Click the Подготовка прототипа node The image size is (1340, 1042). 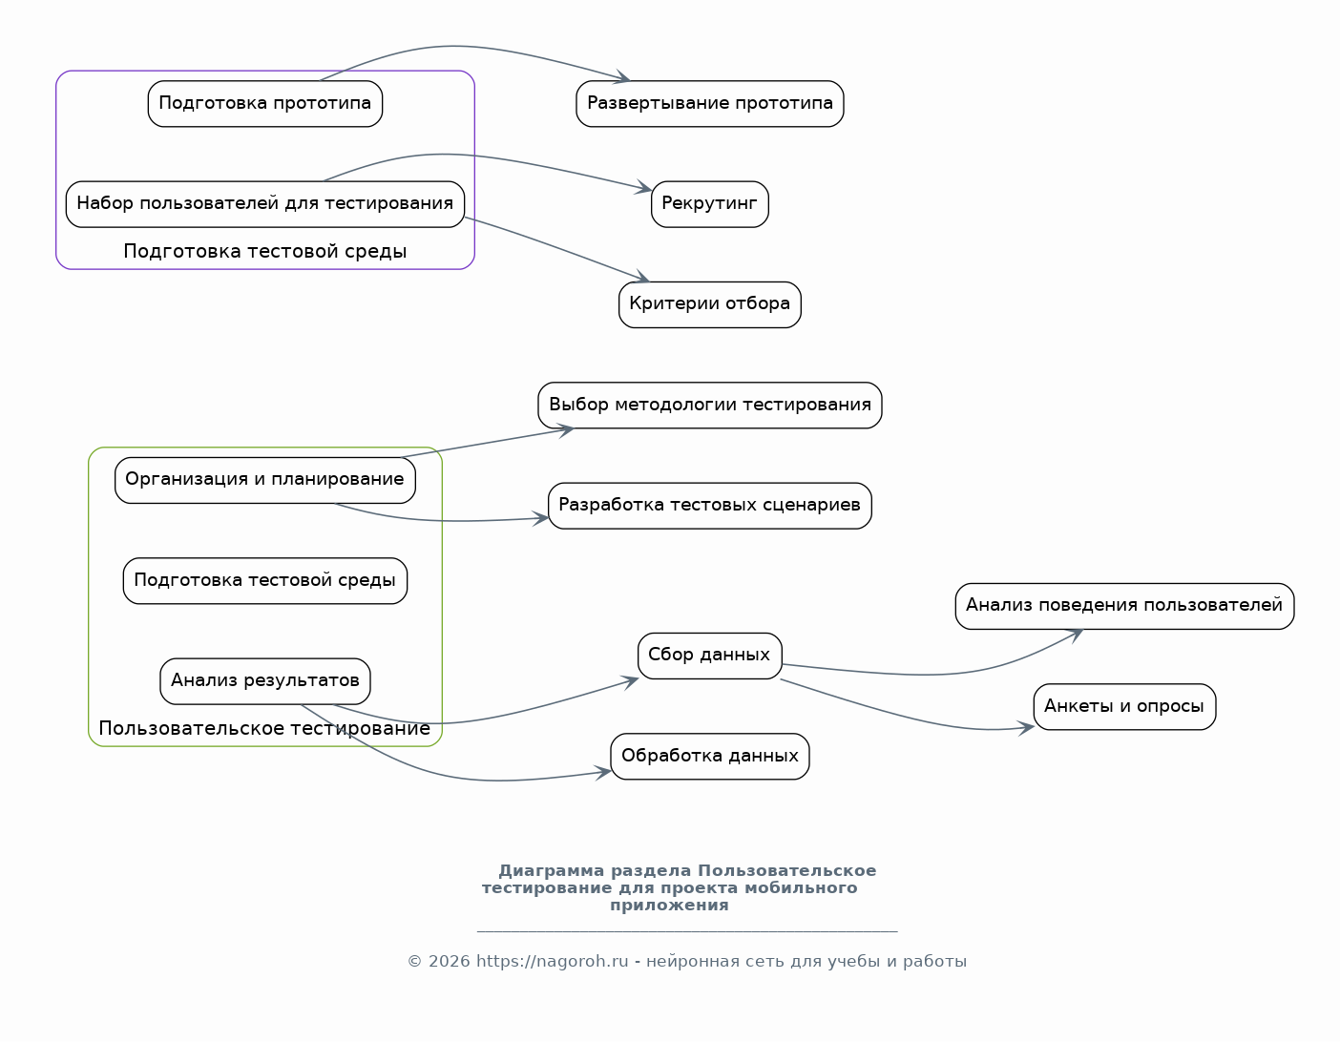pos(265,104)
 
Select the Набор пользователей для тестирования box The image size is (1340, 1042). pos(265,204)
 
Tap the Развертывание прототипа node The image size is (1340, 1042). pos(710,104)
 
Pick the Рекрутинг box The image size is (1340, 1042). pos(710,204)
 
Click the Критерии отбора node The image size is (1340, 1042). pos(710,304)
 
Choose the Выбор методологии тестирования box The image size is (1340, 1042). pos(710,406)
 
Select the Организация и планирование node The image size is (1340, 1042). pos(265,480)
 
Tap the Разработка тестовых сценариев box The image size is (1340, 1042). pos(710,506)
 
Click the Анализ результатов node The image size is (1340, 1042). pos(265,681)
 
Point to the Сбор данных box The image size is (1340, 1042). pos(710,656)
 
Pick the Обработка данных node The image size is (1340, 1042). pos(710,757)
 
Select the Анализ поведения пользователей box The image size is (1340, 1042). pos(1125,606)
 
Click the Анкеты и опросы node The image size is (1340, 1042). pos(1125,706)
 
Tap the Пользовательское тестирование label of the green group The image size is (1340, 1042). pos(264,729)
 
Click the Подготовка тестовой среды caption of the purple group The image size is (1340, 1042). pos(265,252)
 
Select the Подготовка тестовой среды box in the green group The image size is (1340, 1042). pos(265,581)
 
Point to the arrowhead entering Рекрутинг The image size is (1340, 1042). pos(645,188)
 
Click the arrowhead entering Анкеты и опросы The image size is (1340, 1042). pos(1027,729)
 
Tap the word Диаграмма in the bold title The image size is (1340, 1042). pos(552,870)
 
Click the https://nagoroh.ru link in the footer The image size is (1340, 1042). pos(552,961)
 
